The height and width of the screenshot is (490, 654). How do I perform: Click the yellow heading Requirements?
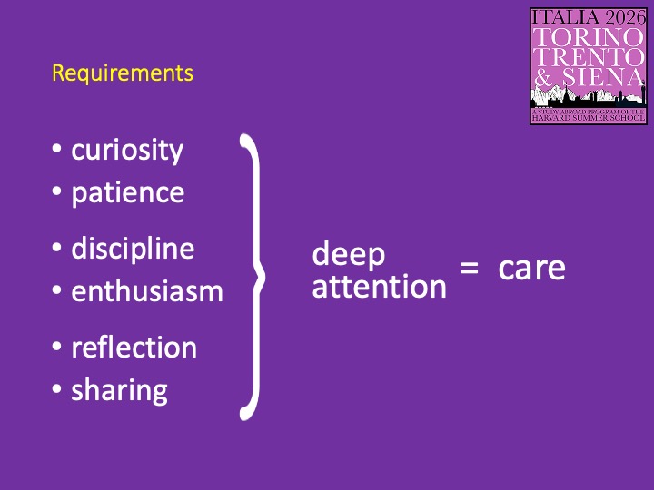123,73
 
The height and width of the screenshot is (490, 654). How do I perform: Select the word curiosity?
127,150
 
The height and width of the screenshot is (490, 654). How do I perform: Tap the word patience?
127,193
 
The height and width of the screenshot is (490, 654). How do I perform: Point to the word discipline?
133,248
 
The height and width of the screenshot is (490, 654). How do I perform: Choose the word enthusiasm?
147,291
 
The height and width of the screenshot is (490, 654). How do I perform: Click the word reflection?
134,348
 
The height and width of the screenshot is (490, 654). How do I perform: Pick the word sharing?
119,391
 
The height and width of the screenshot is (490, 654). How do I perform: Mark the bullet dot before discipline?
57,249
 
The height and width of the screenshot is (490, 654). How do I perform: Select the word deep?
349,255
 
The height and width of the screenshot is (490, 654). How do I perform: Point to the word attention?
379,287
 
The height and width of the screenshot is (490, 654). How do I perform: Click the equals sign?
469,269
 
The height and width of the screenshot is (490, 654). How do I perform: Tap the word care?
531,268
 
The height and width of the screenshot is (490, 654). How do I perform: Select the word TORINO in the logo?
589,37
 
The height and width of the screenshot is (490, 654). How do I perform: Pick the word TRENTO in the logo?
589,57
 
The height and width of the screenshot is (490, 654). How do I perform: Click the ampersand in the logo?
544,78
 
